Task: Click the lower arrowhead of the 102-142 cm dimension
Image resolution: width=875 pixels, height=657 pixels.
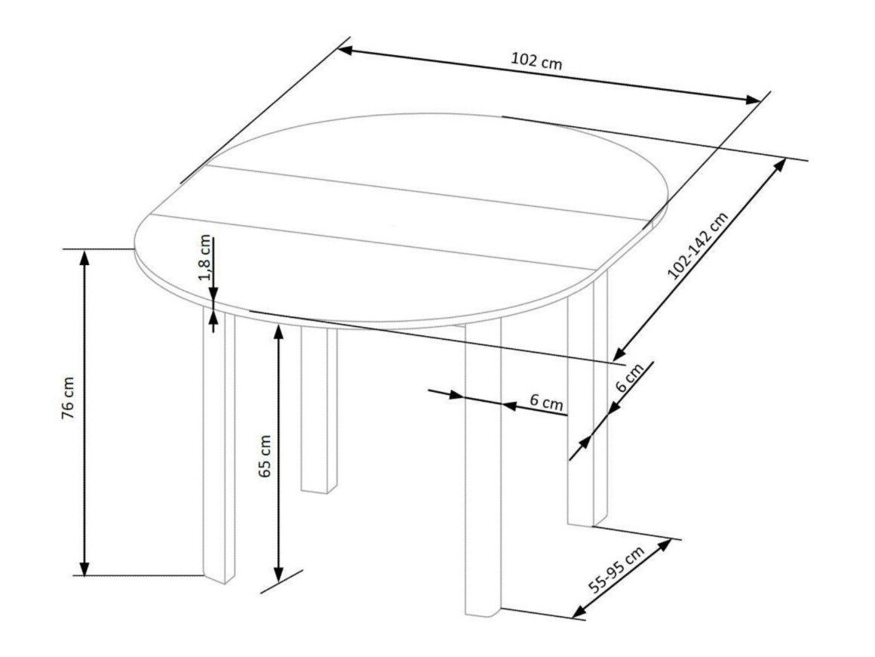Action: point(619,354)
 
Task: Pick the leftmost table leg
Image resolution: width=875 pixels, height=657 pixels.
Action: point(218,446)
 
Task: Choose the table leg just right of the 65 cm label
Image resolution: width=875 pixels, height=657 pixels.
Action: point(315,412)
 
